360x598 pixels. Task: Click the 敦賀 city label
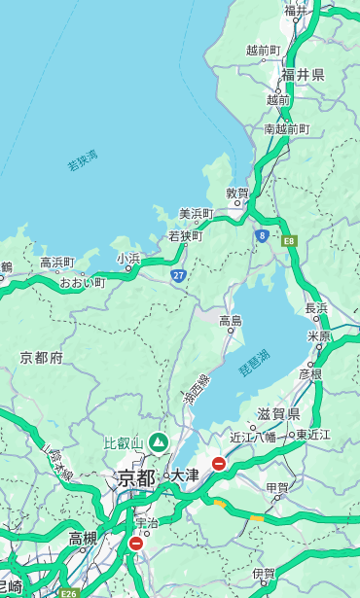(x=237, y=194)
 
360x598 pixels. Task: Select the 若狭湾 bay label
(x=83, y=160)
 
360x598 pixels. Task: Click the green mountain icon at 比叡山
(x=158, y=443)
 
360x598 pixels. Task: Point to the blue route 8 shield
(x=262, y=235)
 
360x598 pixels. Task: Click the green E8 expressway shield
(x=289, y=239)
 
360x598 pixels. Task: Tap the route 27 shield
(x=179, y=276)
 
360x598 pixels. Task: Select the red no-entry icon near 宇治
(x=135, y=544)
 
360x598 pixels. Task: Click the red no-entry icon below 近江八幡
(x=219, y=464)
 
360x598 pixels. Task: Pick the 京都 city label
(x=135, y=477)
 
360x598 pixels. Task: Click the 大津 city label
(x=185, y=476)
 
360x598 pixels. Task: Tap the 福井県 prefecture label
(x=303, y=75)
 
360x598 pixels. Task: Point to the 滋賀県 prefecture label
(x=278, y=414)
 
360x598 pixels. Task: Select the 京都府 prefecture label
(x=42, y=358)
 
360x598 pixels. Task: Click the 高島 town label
(x=231, y=321)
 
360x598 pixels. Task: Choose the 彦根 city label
(x=309, y=373)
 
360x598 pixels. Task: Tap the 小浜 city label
(x=128, y=259)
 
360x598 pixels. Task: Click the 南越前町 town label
(x=286, y=128)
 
